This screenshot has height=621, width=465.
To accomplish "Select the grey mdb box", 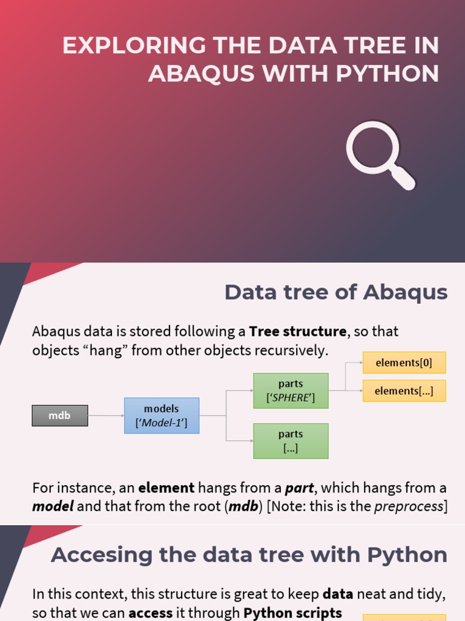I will click(59, 416).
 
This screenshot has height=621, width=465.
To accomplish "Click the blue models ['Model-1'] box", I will click(162, 416).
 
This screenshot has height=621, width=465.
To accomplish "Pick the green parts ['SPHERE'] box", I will click(291, 391).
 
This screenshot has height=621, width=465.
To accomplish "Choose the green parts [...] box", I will click(291, 441).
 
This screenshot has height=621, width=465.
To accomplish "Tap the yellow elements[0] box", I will click(404, 363).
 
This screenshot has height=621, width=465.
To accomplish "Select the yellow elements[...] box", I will click(404, 391).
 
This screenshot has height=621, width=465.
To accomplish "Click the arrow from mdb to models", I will click(106, 416).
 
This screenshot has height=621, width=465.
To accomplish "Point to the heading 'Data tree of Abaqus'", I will click(336, 292).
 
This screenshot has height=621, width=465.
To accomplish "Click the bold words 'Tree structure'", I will click(298, 332).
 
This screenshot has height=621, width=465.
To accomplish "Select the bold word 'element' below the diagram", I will click(167, 488).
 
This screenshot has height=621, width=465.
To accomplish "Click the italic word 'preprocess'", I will click(409, 506).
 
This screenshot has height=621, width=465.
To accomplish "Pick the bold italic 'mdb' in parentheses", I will click(243, 506).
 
